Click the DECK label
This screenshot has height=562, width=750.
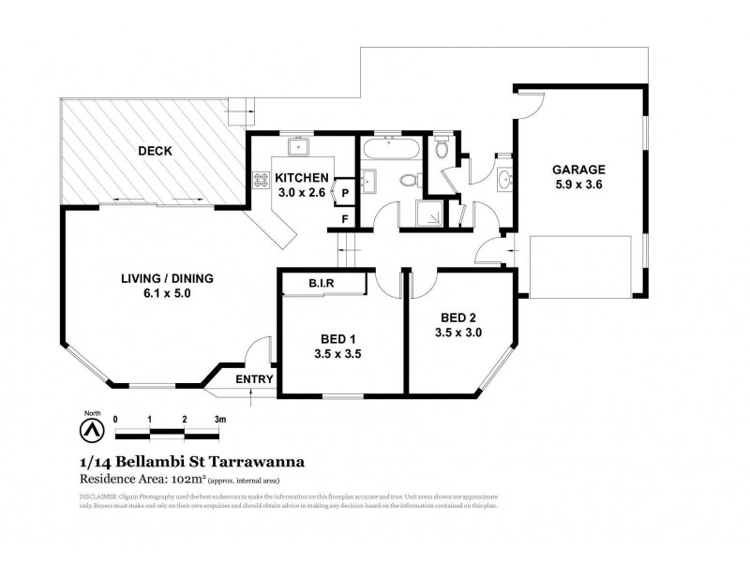pyautogui.click(x=155, y=151)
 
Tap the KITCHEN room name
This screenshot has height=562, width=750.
pyautogui.click(x=301, y=177)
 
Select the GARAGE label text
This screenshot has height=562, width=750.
pyautogui.click(x=578, y=170)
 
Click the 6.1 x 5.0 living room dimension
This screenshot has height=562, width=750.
pyautogui.click(x=168, y=293)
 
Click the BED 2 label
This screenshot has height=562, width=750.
pyautogui.click(x=457, y=317)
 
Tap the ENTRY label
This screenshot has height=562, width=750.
pyautogui.click(x=254, y=379)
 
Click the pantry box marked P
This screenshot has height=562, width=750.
pyautogui.click(x=345, y=193)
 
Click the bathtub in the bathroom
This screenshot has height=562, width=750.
pyautogui.click(x=391, y=147)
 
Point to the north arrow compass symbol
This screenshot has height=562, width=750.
pyautogui.click(x=91, y=427)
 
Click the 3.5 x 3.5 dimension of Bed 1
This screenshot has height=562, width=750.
pyautogui.click(x=338, y=353)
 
